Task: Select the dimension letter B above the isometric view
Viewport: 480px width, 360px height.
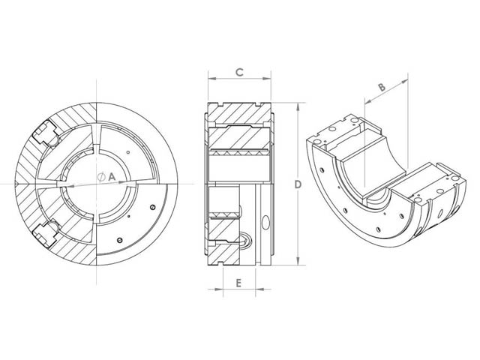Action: coord(381,88)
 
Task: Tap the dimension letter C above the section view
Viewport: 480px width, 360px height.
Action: coord(238,72)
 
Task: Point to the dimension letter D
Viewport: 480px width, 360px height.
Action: coord(298,184)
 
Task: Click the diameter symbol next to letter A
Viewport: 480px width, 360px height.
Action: coord(100,176)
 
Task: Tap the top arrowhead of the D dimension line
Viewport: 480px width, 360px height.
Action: coord(298,106)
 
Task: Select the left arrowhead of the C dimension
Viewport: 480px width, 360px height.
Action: coord(209,79)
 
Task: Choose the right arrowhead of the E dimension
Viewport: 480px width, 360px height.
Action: coord(253,289)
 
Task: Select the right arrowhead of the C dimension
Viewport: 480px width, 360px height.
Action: coord(271,79)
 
